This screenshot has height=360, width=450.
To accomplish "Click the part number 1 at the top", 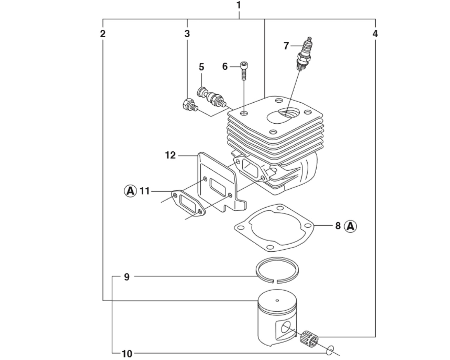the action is click(239, 5).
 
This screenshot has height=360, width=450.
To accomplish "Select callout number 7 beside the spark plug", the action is click(286, 46).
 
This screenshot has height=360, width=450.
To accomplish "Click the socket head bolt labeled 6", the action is click(244, 71).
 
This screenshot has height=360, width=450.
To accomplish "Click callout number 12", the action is click(170, 155).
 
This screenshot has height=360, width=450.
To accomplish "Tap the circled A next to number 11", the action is click(130, 191).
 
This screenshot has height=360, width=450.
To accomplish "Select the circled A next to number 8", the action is click(351, 226).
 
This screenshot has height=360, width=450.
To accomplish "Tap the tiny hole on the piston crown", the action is click(277, 301).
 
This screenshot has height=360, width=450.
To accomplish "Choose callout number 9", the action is click(127, 277).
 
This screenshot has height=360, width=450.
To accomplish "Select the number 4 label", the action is click(375, 34).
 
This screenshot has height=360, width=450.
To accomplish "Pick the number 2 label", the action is click(103, 34).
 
